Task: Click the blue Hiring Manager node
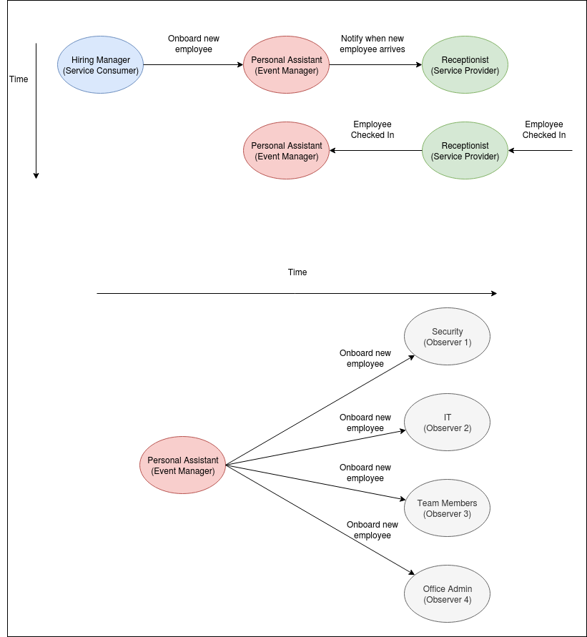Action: coord(100,65)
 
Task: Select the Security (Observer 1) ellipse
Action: coord(447,337)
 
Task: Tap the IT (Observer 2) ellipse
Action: coord(447,423)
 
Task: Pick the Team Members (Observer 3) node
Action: coord(447,508)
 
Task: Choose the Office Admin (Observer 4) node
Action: coord(447,594)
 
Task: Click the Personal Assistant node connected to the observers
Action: coord(182,465)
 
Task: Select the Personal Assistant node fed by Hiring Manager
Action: coord(286,65)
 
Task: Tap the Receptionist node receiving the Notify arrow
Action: coord(465,65)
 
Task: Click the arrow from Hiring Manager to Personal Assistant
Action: coord(193,65)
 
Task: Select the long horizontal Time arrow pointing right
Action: coord(297,293)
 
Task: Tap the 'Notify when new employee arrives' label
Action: coord(372,44)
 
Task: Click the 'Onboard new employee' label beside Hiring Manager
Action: coord(194,44)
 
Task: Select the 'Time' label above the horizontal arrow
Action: coord(297,272)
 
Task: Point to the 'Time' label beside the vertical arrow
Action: coord(19,79)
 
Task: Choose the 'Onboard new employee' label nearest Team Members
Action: coord(365,473)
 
